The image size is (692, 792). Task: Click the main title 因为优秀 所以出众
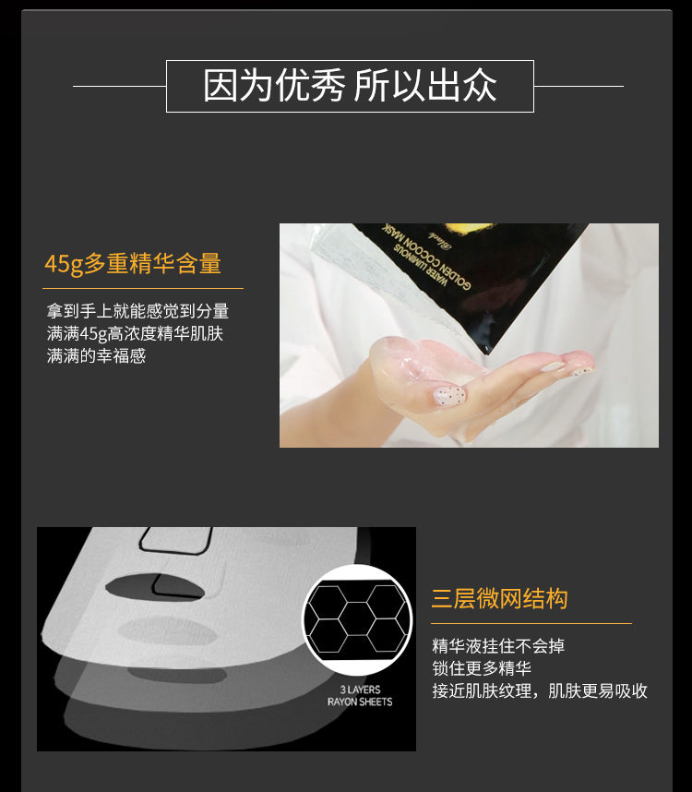[350, 86]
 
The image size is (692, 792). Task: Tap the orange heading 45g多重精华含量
[133, 264]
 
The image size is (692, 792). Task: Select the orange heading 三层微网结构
[499, 599]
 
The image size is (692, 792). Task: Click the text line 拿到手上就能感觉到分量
[137, 311]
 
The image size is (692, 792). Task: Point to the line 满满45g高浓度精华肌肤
[135, 334]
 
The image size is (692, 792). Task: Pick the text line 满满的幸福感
[96, 356]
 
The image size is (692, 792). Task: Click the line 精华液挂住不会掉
[498, 646]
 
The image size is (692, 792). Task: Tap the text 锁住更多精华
[482, 668]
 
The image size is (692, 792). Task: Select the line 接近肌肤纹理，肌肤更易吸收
[540, 690]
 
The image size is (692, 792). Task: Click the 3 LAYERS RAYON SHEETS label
[360, 695]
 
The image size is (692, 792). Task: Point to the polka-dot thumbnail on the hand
[449, 395]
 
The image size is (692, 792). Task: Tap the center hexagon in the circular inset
[356, 618]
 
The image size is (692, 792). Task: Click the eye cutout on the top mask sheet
[155, 586]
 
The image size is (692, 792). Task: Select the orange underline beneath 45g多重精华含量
[143, 288]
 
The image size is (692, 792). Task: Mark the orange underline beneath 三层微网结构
[531, 623]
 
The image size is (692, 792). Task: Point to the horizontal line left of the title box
[120, 86]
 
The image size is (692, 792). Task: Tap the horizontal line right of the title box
[579, 86]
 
